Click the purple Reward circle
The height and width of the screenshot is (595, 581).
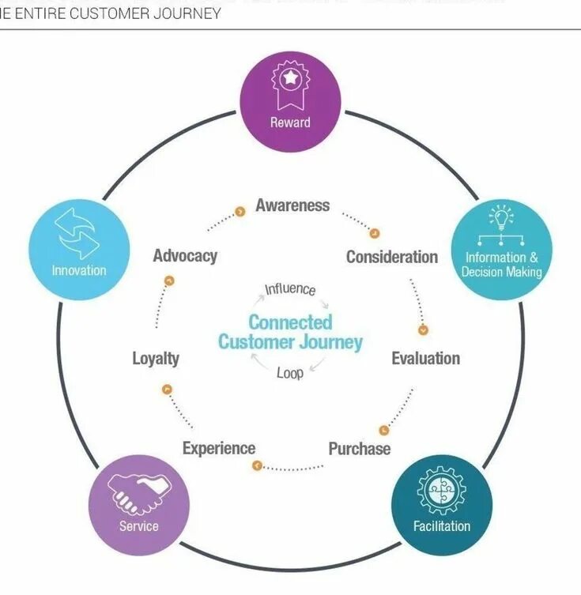(290, 101)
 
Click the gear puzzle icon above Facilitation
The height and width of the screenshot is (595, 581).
(441, 491)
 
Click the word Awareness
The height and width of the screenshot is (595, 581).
(292, 205)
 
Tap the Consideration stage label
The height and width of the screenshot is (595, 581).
(391, 257)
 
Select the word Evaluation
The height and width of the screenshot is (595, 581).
(425, 359)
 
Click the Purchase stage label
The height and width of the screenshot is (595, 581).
(359, 449)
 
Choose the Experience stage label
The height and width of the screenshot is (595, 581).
(219, 449)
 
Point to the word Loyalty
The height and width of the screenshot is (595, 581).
(156, 359)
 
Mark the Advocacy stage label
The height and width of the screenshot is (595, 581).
(185, 256)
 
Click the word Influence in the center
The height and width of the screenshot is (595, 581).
(290, 289)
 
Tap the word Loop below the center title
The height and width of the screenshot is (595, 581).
(290, 373)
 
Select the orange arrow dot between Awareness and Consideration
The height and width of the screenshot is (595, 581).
(375, 233)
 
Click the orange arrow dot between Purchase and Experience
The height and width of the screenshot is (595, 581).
(256, 466)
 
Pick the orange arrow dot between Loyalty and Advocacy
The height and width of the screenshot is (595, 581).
(168, 281)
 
